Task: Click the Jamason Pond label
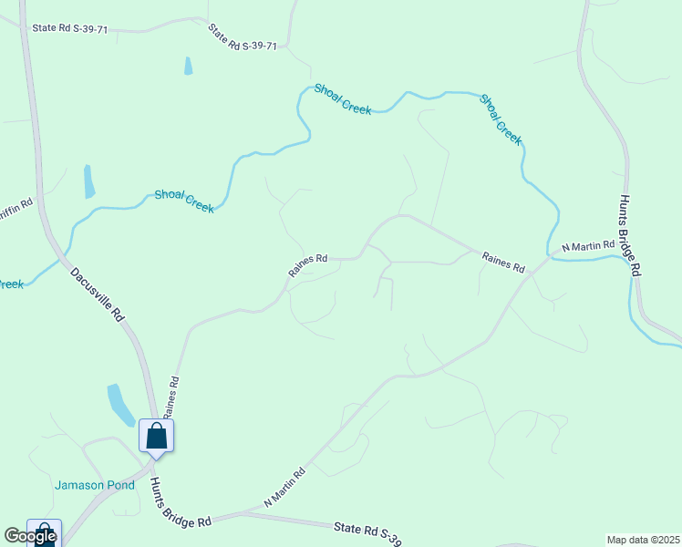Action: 94,485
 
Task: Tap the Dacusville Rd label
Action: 96,294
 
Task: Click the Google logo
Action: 30,536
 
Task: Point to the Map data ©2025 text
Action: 643,540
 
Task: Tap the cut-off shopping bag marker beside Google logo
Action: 45,532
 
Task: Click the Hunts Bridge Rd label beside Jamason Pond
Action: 181,502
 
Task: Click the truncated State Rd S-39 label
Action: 367,532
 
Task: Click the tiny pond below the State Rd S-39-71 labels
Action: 188,66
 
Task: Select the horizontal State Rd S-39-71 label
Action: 70,29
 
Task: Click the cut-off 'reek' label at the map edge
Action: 11,285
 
